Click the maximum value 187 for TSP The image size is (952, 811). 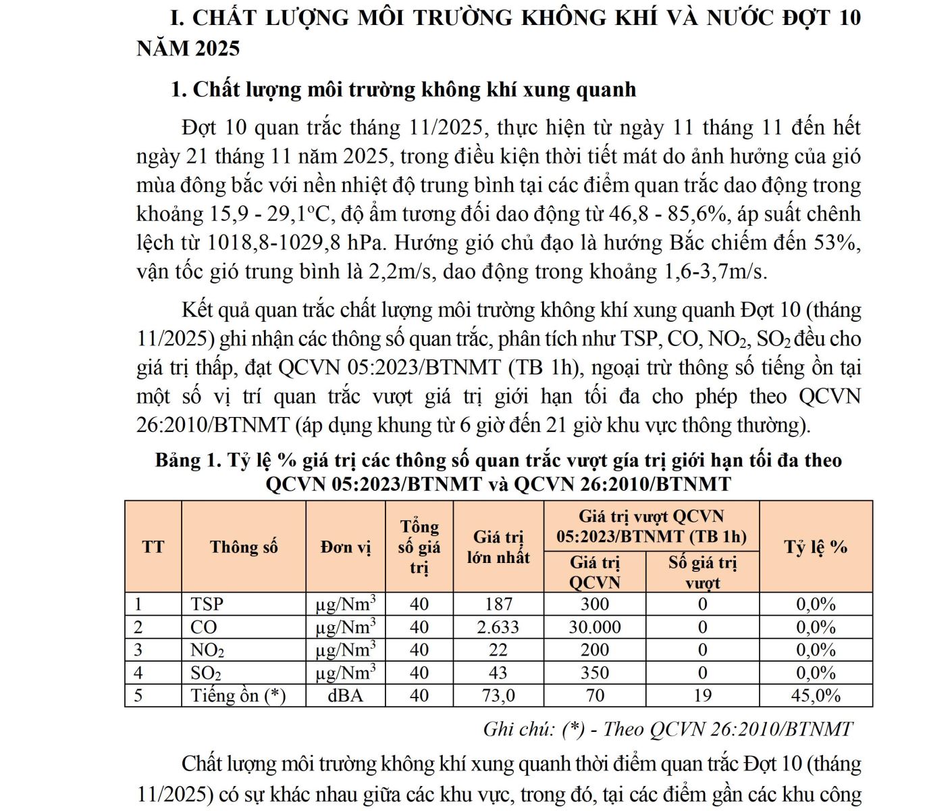click(498, 604)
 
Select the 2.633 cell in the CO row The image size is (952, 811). click(498, 627)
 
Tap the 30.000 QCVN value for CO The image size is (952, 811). click(594, 627)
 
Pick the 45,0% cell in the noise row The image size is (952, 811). click(816, 695)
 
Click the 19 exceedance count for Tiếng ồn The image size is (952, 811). click(702, 695)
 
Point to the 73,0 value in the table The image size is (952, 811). click(498, 695)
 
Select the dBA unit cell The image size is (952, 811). click(345, 695)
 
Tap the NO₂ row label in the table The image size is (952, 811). click(207, 650)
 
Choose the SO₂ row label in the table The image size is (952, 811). click(206, 673)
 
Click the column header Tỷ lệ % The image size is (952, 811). click(816, 547)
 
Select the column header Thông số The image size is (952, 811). click(244, 547)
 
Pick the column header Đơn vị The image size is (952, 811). click(346, 547)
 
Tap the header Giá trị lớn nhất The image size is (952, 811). click(498, 547)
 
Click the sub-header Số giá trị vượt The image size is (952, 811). click(702, 572)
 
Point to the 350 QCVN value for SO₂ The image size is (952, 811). click(594, 673)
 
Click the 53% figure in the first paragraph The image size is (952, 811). click(837, 243)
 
